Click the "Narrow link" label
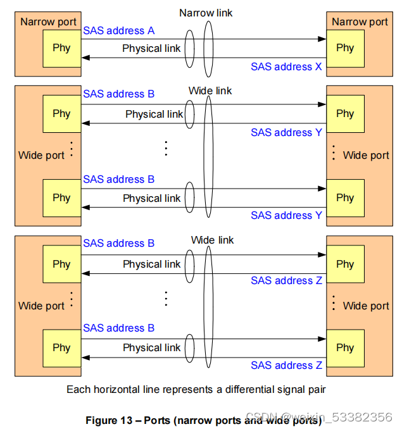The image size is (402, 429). (x=206, y=13)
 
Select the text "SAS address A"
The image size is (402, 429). (x=118, y=30)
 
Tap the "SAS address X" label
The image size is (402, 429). (x=286, y=66)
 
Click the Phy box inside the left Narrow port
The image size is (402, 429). (x=61, y=47)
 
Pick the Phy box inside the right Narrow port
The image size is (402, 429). (x=345, y=47)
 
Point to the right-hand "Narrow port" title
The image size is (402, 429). (x=360, y=22)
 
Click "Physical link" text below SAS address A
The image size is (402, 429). (x=151, y=48)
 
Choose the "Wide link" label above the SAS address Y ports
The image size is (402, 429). (x=210, y=90)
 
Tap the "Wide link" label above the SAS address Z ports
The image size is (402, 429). (x=212, y=240)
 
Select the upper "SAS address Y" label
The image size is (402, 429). (x=286, y=132)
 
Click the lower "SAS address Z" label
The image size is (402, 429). (x=286, y=365)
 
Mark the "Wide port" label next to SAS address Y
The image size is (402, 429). (x=366, y=155)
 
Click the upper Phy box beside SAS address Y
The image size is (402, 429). (x=345, y=114)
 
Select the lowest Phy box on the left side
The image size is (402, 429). (x=61, y=347)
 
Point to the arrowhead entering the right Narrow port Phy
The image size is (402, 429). (x=322, y=39)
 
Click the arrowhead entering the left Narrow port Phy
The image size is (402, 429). (x=85, y=58)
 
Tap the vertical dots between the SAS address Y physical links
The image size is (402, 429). (x=166, y=148)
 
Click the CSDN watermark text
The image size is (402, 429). (x=318, y=417)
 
